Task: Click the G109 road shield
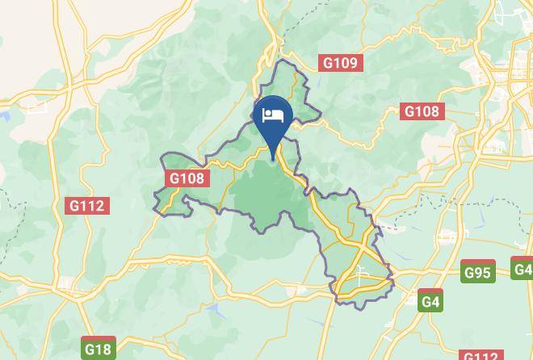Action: (x=340, y=63)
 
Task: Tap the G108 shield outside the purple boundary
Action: (x=422, y=111)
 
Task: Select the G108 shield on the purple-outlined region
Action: (x=187, y=178)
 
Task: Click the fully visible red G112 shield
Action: (x=86, y=206)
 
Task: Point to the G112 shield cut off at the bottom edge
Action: (x=480, y=355)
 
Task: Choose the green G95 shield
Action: (x=477, y=272)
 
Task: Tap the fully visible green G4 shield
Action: (x=431, y=301)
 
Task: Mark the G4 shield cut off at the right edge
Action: (x=523, y=269)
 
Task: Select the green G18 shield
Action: (x=98, y=349)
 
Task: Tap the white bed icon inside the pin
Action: (x=273, y=115)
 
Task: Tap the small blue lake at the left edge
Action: (x=3, y=115)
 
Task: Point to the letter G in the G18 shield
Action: (x=90, y=349)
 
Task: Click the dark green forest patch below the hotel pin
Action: (x=266, y=194)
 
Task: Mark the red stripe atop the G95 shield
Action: (x=477, y=262)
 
